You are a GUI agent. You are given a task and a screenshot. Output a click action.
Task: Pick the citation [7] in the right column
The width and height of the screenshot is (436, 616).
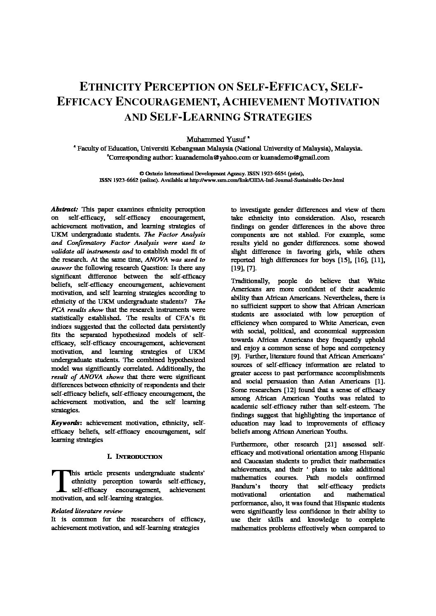tap(251, 268)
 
